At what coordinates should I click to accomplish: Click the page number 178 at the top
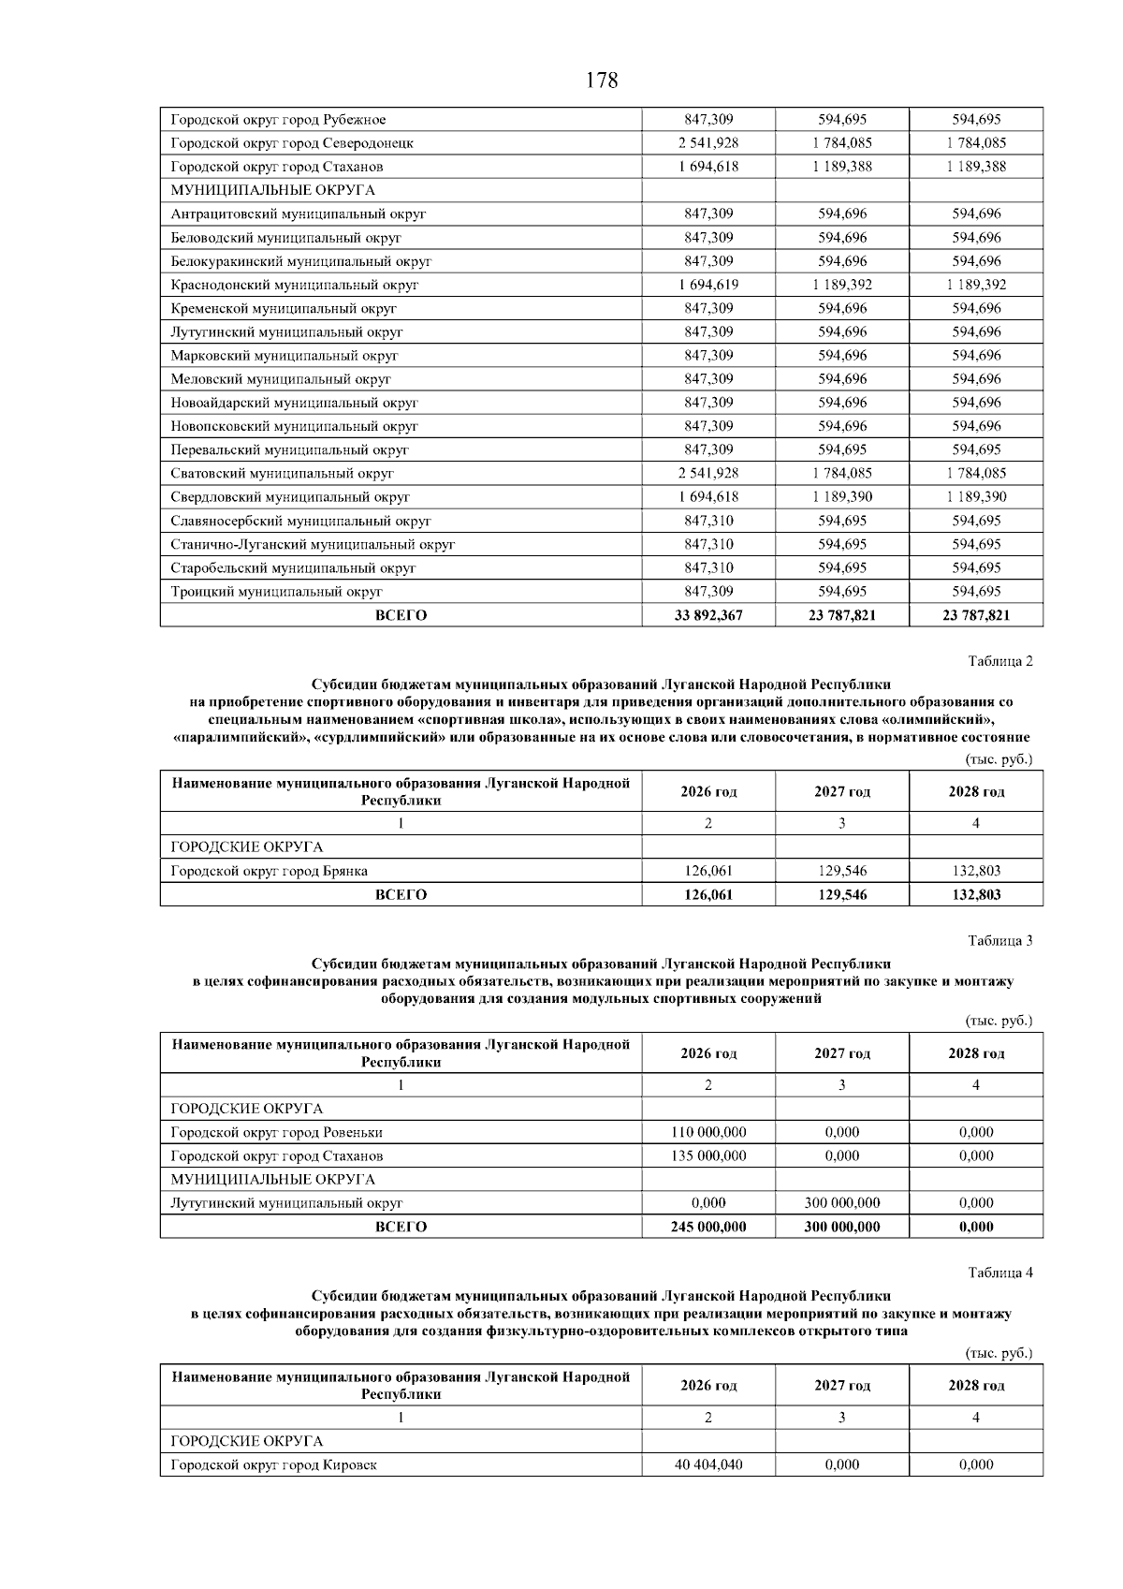point(602,81)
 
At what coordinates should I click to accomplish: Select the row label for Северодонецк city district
point(292,143)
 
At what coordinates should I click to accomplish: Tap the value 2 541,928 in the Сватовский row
point(708,474)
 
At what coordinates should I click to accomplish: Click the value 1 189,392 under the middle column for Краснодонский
point(842,285)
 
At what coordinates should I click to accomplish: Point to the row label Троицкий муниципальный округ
point(276,592)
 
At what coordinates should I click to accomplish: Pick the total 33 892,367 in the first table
point(708,615)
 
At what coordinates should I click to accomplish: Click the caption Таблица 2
point(999,662)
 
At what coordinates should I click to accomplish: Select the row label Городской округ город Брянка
point(269,871)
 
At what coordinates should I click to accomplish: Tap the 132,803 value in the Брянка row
point(976,871)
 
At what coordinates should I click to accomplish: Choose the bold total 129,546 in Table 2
point(842,895)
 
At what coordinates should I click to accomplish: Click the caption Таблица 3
point(999,941)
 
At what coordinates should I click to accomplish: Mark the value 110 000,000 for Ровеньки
point(708,1132)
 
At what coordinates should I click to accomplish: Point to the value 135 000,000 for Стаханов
point(708,1156)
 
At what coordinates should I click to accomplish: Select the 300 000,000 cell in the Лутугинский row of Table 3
point(842,1203)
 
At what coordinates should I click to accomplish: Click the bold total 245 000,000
point(708,1227)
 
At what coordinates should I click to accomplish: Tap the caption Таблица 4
point(999,1273)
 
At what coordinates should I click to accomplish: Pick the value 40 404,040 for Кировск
point(708,1464)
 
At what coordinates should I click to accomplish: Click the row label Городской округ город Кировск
point(273,1464)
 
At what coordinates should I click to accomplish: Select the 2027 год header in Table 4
point(842,1386)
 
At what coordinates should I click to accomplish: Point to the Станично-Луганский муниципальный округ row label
point(313,544)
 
